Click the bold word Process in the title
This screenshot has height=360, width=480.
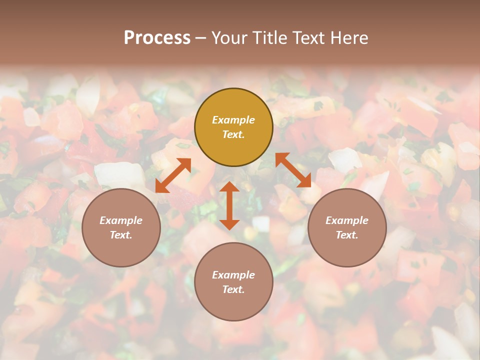pyautogui.click(x=157, y=38)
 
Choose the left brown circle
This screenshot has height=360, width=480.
pyautogui.click(x=121, y=227)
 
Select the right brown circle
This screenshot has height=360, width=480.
pyautogui.click(x=347, y=227)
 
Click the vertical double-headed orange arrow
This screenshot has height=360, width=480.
pyautogui.click(x=229, y=205)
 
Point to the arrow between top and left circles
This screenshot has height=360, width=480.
pyautogui.click(x=173, y=175)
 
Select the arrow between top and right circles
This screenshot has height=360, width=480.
pyautogui.click(x=293, y=170)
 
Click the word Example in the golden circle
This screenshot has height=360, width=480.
pyautogui.click(x=233, y=120)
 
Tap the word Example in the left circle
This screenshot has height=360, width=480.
pyautogui.click(x=121, y=220)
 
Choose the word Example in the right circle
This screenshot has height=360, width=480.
pyautogui.click(x=347, y=220)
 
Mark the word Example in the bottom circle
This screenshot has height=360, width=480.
pyautogui.click(x=233, y=275)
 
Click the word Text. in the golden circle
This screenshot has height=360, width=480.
pyautogui.click(x=233, y=134)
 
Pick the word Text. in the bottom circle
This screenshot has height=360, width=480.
pyautogui.click(x=233, y=289)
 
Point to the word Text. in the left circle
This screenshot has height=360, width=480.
pyautogui.click(x=121, y=235)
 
